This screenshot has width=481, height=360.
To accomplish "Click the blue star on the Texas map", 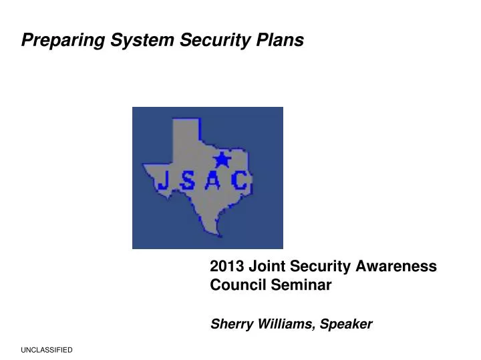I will coord(220,160).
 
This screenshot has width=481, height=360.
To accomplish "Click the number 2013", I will coord(226,266).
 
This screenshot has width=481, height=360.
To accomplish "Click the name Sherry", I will coord(231,325).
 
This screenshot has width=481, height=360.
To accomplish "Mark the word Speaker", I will coord(346,325).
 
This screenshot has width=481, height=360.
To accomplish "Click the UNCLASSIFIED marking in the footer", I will coord(47,350).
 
